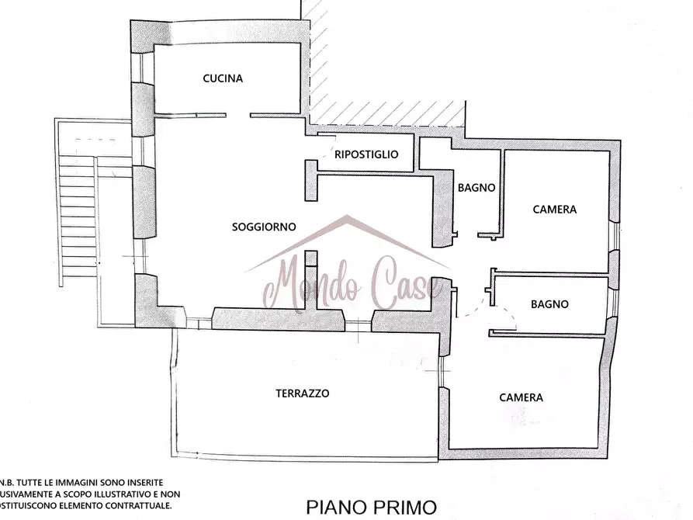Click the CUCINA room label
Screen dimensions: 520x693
[223, 78]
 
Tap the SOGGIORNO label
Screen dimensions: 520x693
[264, 227]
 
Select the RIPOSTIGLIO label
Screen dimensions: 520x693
[366, 154]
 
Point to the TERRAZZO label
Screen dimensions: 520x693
[303, 393]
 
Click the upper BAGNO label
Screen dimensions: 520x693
[476, 187]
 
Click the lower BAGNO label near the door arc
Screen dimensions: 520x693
[549, 304]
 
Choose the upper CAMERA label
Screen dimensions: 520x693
[554, 210]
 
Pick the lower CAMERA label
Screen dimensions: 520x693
[521, 397]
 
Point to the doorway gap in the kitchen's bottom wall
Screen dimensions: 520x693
[237, 116]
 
